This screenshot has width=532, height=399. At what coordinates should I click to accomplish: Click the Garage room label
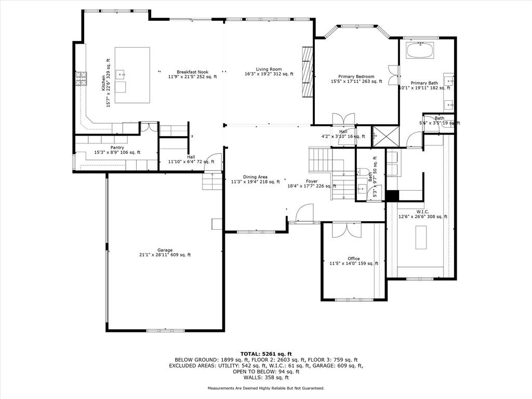pyautogui.click(x=165, y=250)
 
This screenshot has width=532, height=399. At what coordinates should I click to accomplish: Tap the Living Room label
pyautogui.click(x=269, y=69)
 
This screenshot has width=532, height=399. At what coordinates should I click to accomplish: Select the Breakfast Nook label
pyautogui.click(x=192, y=72)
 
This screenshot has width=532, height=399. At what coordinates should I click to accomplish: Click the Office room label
pyautogui.click(x=353, y=259)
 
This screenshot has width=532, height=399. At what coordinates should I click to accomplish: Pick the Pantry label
pyautogui.click(x=117, y=148)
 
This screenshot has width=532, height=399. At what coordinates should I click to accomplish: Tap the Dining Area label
pyautogui.click(x=255, y=177)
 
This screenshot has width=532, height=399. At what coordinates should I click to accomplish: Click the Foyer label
pyautogui.click(x=312, y=181)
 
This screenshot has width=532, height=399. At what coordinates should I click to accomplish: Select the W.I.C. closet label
pyautogui.click(x=423, y=212)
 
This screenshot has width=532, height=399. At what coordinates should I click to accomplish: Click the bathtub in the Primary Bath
pyautogui.click(x=420, y=50)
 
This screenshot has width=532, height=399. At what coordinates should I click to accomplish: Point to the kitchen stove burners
pyautogui.click(x=81, y=79)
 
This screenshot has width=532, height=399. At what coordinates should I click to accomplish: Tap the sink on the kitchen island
pyautogui.click(x=121, y=74)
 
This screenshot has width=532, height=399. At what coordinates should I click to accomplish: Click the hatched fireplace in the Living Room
pyautogui.click(x=307, y=72)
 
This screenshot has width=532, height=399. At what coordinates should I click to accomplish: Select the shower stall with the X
pyautogui.click(x=385, y=137)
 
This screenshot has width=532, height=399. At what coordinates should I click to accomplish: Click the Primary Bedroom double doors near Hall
pyautogui.click(x=343, y=119)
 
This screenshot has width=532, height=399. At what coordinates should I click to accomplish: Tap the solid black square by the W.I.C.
pyautogui.click(x=392, y=196)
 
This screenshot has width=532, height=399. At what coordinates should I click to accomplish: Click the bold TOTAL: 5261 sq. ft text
pyautogui.click(x=266, y=354)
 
